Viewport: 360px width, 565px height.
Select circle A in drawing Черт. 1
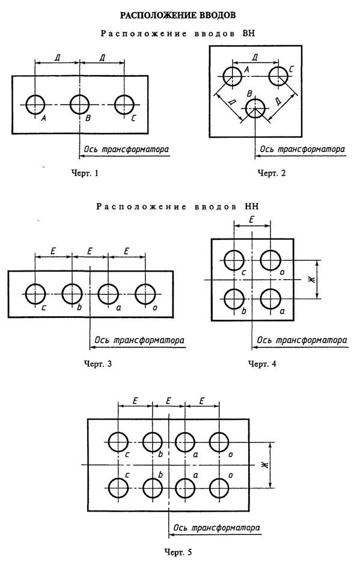(x=35, y=104)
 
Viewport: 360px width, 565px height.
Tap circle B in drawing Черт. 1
(x=80, y=104)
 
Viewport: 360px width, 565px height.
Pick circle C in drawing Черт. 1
(x=124, y=104)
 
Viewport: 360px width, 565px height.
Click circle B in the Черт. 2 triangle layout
(x=255, y=109)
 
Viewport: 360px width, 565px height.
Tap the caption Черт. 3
(x=97, y=363)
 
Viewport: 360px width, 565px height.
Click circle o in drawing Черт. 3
(x=145, y=295)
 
